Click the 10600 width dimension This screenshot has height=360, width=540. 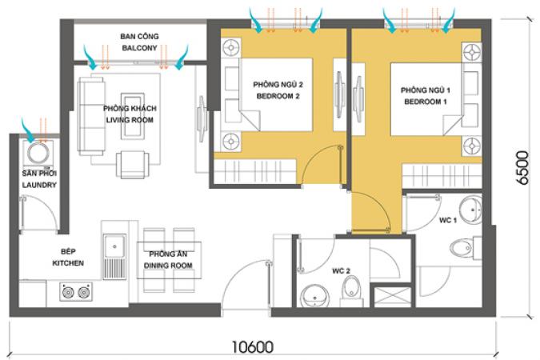(x=253, y=347)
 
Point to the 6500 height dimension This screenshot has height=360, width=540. (x=522, y=168)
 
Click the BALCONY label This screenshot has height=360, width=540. (x=139, y=48)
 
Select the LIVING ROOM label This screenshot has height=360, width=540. (x=130, y=120)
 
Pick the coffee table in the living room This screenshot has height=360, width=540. (x=133, y=116)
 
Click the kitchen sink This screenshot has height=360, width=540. (x=114, y=257)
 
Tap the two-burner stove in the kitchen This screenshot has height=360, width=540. (x=76, y=292)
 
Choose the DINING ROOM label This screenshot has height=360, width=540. (x=168, y=266)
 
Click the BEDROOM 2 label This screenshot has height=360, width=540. (x=278, y=96)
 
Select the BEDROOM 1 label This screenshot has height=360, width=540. (x=426, y=102)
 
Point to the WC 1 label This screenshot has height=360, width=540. (x=448, y=220)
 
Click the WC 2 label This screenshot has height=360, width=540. (x=341, y=271)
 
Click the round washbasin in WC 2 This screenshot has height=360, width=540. (x=315, y=296)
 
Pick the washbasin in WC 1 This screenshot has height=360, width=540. (x=471, y=210)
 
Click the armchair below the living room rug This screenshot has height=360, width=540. (x=133, y=165)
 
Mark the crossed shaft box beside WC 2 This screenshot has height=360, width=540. (x=393, y=297)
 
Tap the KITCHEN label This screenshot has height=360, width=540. (x=68, y=263)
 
